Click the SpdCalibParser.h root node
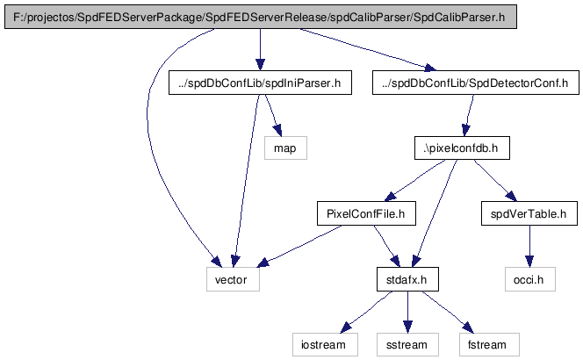[x=260, y=17]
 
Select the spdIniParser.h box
[x=260, y=83]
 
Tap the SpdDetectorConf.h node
[x=476, y=83]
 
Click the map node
[x=285, y=148]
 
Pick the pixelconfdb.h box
[x=462, y=148]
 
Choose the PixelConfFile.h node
[x=366, y=213]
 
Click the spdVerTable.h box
[x=529, y=213]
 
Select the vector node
[x=233, y=279]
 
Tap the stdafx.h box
[x=407, y=279]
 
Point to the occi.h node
[x=529, y=279]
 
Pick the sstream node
[x=407, y=345]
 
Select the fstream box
[x=488, y=345]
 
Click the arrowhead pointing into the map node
[x=277, y=131]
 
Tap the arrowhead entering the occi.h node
[x=529, y=261]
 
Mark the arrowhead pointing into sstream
[x=407, y=327]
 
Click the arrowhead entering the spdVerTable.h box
[x=511, y=196]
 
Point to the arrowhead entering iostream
[x=346, y=328]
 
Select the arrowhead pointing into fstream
[x=468, y=328]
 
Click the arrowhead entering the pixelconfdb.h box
[x=466, y=130]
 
